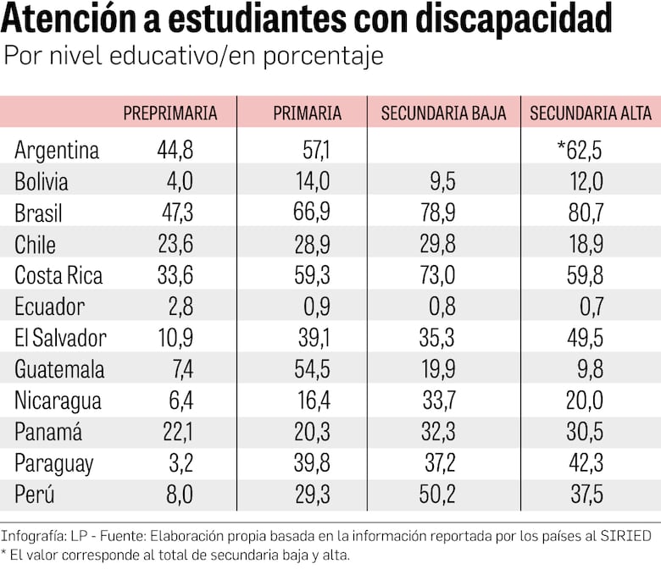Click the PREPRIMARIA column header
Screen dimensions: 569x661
[x=170, y=113]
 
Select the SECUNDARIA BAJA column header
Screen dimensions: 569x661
[x=443, y=113]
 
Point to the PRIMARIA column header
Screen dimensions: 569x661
[x=308, y=113]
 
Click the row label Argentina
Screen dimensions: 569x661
[x=57, y=151]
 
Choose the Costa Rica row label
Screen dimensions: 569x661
[x=58, y=276]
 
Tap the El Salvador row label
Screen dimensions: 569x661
[x=60, y=339]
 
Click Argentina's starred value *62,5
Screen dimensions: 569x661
[x=580, y=151]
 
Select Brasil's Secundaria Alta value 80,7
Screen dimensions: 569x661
[x=585, y=213]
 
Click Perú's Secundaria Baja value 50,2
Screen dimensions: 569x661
[x=437, y=495]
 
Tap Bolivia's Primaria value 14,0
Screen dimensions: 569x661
[x=312, y=182]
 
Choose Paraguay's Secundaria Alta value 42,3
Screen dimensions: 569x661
[x=585, y=464]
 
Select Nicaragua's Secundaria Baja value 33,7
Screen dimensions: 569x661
[x=437, y=401]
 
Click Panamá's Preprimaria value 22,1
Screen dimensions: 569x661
[x=177, y=433]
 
